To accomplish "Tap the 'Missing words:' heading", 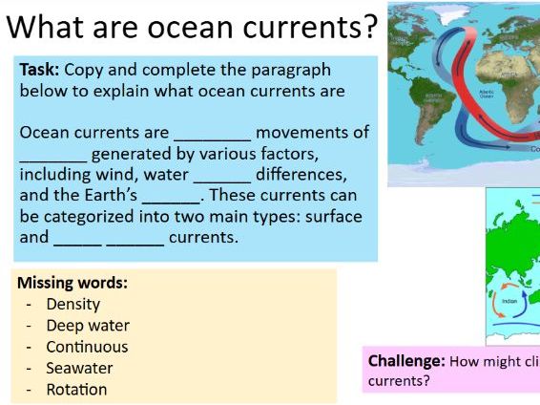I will pos(73,283).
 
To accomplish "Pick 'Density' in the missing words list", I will pos(73,305).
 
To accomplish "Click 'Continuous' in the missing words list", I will pos(87,347).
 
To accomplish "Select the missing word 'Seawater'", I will pos(79,368).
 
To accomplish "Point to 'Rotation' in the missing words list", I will pos(76,389).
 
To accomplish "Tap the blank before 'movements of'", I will pos(212,134).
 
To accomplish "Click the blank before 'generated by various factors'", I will pos(53,155).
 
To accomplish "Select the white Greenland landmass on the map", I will pos(447,19).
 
